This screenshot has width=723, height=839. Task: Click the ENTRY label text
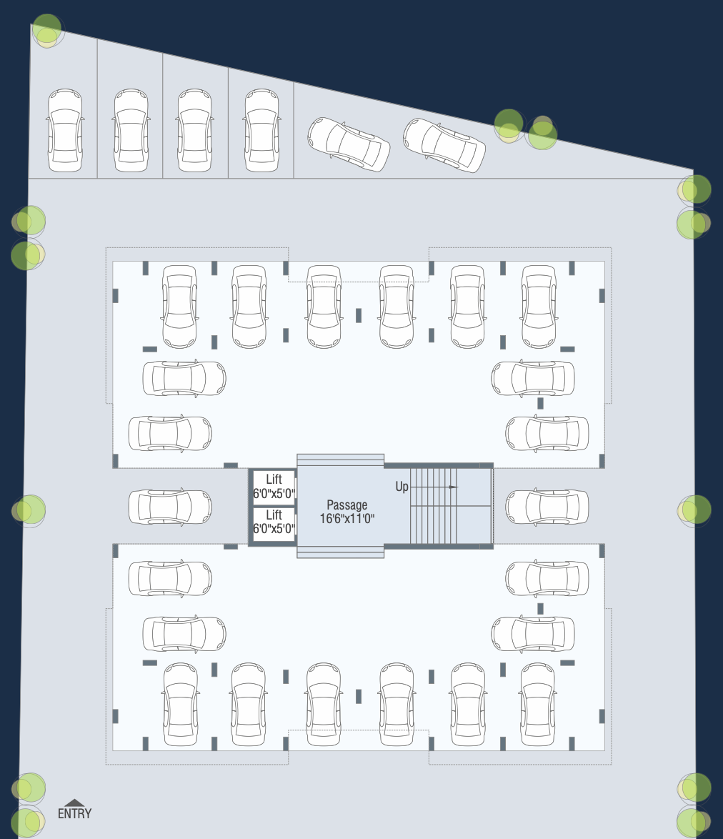(x=74, y=813)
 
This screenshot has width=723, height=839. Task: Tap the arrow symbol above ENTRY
(x=74, y=803)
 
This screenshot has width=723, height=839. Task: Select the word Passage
(x=346, y=505)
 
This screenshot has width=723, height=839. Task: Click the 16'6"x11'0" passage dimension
(x=347, y=517)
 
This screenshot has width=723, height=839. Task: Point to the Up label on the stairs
(x=402, y=487)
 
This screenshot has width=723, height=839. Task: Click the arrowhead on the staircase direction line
(x=453, y=487)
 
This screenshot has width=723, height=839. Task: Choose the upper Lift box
(x=274, y=487)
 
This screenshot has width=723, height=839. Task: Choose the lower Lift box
(x=274, y=522)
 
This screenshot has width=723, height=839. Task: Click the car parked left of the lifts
(x=170, y=507)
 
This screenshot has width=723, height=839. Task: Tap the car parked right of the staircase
(x=547, y=507)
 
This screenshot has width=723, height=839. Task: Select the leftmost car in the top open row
(x=65, y=130)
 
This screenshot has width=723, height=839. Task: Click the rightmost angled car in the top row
(x=444, y=145)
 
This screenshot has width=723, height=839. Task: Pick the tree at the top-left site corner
(x=47, y=31)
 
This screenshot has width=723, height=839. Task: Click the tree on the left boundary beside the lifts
(x=29, y=510)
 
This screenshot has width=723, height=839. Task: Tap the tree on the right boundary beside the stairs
(x=694, y=510)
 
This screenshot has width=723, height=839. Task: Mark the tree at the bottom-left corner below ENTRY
(x=29, y=822)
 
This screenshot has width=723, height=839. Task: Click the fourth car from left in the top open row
(x=261, y=130)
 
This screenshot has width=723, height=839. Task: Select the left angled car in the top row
(x=349, y=143)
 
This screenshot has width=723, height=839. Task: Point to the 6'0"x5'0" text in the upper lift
(x=274, y=493)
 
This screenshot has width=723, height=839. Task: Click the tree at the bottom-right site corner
(x=694, y=822)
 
